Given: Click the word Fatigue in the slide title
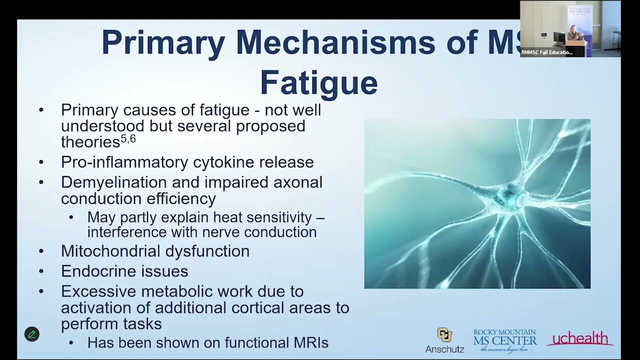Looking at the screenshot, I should (x=318, y=82).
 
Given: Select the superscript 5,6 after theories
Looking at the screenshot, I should (x=128, y=139).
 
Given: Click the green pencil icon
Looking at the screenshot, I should (x=32, y=334).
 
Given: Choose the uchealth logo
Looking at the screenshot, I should (x=580, y=339).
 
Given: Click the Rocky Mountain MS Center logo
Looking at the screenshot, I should (x=505, y=340).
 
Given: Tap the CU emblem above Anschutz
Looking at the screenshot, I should (x=444, y=334).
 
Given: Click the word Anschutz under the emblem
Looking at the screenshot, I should (x=444, y=349).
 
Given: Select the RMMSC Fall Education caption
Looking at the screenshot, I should (x=546, y=52).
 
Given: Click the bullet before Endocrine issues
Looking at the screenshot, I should (x=41, y=271).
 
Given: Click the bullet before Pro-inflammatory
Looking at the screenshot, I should (x=41, y=162).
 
